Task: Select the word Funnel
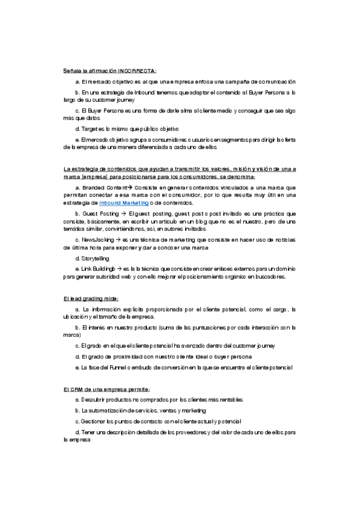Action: (118, 367)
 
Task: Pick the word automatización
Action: (106, 410)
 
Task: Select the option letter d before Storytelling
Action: (77, 258)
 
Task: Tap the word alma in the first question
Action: (179, 111)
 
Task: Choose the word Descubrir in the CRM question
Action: (98, 400)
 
